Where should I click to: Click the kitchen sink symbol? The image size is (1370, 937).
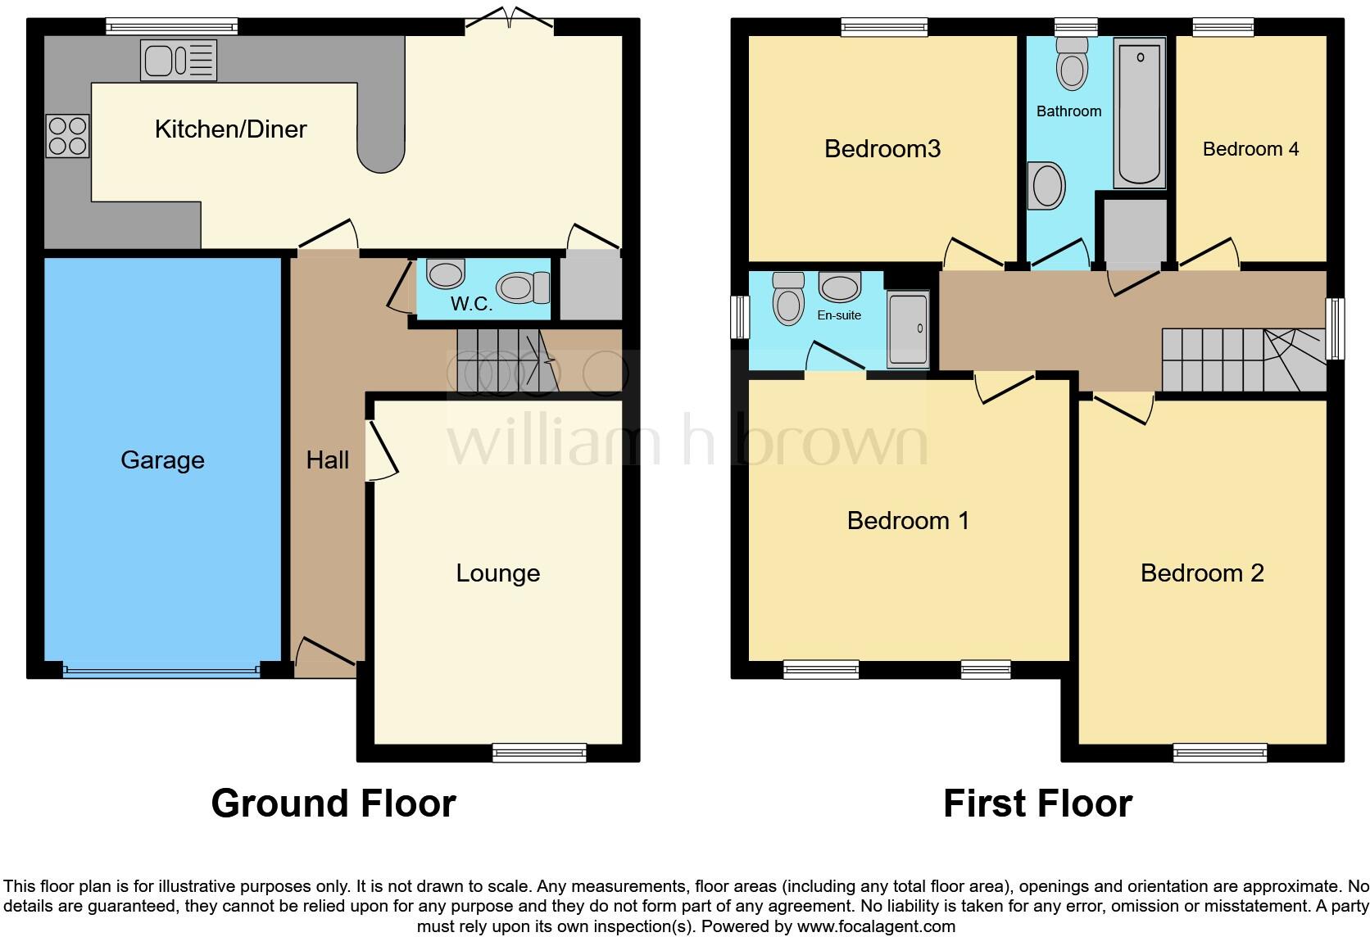point(179,60)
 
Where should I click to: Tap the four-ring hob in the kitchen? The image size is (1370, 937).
point(68,136)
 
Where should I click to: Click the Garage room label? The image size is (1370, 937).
point(162,460)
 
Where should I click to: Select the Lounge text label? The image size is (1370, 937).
point(497,573)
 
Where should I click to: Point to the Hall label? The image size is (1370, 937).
point(327,460)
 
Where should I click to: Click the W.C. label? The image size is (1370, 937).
point(472,305)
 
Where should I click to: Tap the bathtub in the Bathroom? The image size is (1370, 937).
point(1139,113)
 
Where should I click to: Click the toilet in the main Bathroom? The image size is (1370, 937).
point(1072,63)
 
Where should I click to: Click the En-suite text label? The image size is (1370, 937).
point(838,315)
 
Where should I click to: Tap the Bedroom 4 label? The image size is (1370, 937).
point(1250,149)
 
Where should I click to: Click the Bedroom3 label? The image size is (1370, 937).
point(882,149)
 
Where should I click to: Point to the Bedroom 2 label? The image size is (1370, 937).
point(1201,573)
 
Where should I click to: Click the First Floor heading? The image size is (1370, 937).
point(1037,803)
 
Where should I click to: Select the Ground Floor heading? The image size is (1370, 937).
point(333,803)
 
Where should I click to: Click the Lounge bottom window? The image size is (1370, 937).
point(539,752)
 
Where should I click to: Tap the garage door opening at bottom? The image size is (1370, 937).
point(161,671)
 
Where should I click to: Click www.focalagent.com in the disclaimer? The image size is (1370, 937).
point(876,927)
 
